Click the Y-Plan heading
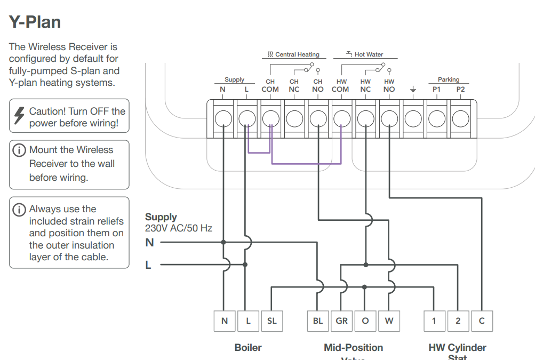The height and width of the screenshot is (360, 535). tap(35, 22)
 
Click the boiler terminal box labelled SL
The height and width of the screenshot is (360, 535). tap(272, 321)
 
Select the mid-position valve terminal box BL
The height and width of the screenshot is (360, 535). tap(318, 321)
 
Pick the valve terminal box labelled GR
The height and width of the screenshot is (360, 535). tap(342, 321)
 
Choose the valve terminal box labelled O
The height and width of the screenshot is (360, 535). tap(365, 321)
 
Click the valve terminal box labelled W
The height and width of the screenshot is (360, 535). tap(389, 321)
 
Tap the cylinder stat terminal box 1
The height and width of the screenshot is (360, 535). tap(434, 321)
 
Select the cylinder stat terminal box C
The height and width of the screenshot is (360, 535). tap(482, 321)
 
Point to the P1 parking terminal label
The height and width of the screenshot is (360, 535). tap(436, 90)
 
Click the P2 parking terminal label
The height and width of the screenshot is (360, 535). tap(460, 90)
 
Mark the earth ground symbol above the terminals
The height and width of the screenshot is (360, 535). tap(413, 89)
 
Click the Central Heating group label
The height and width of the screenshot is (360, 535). tap(293, 54)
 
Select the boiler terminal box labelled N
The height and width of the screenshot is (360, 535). tap(224, 321)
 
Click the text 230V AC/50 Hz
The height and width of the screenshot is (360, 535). tap(179, 228)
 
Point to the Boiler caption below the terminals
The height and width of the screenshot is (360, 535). tap(248, 348)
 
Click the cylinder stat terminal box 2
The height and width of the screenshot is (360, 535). tap(458, 321)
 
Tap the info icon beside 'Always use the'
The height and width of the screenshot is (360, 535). tap(19, 209)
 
